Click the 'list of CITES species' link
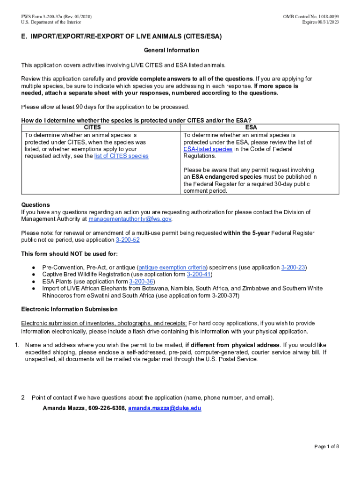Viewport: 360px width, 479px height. [x=121, y=156]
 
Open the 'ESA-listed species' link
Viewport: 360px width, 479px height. [x=208, y=149]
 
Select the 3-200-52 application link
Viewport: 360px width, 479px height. [x=127, y=240]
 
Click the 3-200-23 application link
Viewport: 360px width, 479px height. [x=293, y=268]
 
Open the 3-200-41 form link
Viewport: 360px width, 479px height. [x=199, y=275]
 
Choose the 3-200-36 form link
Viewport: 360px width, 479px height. [x=141, y=282]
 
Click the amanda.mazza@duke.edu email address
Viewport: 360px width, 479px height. [x=165, y=408]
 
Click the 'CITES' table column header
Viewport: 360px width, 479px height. [x=92, y=127]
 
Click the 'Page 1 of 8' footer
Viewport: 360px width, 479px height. [x=326, y=447]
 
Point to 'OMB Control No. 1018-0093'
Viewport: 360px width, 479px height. [x=311, y=17]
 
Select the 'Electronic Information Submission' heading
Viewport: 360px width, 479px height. [x=69, y=310]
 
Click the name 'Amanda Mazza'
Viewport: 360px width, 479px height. [x=63, y=408]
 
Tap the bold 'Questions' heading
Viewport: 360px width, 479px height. [x=36, y=205]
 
